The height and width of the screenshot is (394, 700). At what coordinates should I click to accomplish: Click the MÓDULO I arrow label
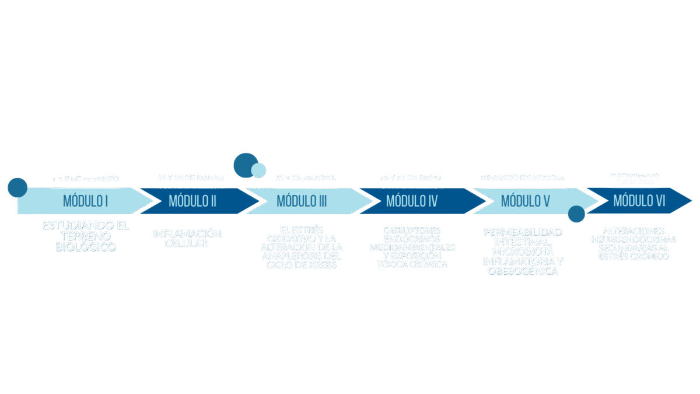pyautogui.click(x=86, y=201)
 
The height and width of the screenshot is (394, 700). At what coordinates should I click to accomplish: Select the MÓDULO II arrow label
pyautogui.click(x=192, y=201)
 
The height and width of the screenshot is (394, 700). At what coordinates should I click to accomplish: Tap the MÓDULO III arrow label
pyautogui.click(x=302, y=201)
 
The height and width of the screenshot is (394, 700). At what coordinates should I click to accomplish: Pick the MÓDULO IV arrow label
pyautogui.click(x=411, y=201)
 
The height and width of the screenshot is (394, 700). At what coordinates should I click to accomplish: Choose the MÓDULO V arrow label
pyautogui.click(x=526, y=201)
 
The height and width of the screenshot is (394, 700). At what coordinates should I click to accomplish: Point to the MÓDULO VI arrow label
pyautogui.click(x=639, y=201)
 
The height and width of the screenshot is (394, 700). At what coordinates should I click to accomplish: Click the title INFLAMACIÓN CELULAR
pyautogui.click(x=187, y=238)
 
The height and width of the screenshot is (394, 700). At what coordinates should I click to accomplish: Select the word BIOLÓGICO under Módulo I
pyautogui.click(x=86, y=247)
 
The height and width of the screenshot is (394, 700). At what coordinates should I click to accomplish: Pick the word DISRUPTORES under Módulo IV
pyautogui.click(x=412, y=231)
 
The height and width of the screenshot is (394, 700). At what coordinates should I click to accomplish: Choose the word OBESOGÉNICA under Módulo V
pyautogui.click(x=523, y=271)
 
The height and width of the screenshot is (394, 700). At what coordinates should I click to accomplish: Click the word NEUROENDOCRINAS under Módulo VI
pyautogui.click(x=633, y=239)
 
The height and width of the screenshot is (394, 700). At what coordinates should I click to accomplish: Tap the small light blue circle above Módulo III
pyautogui.click(x=258, y=170)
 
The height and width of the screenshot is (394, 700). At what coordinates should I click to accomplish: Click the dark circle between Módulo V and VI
pyautogui.click(x=576, y=214)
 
